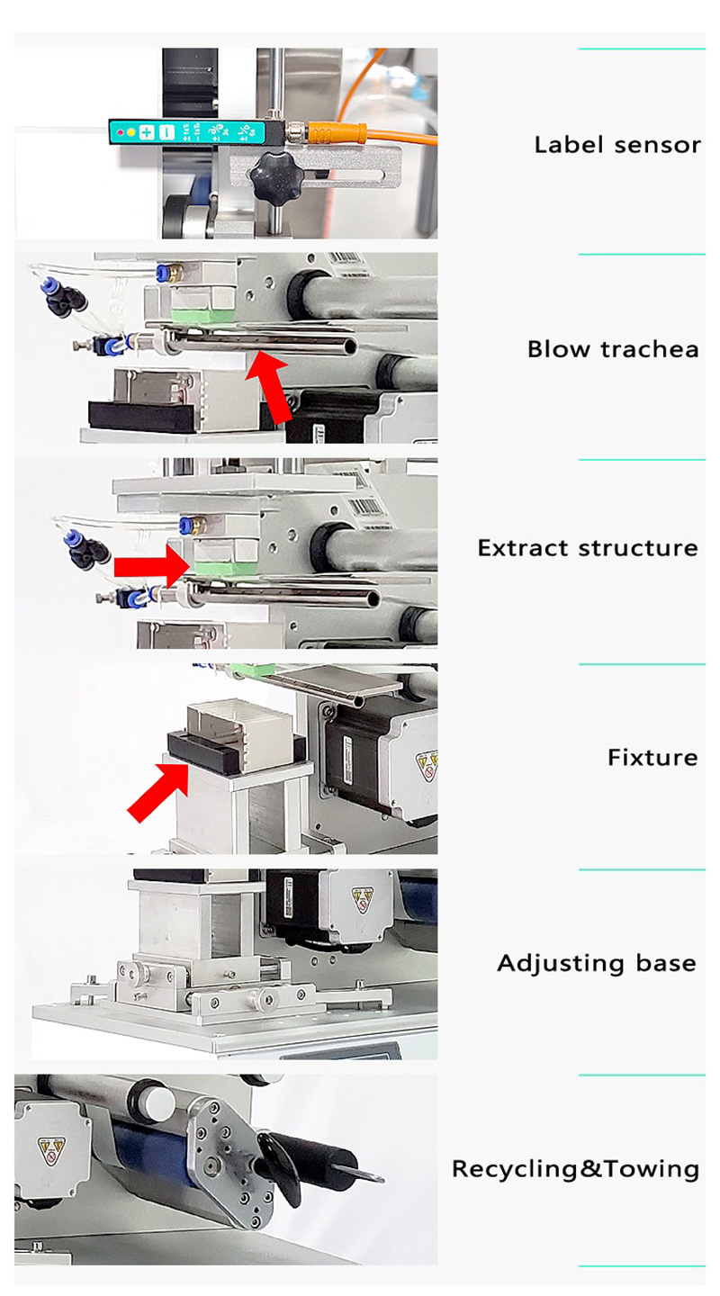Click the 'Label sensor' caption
pos(617,145)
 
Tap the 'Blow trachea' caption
pos(613,349)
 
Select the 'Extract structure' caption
pos(588,548)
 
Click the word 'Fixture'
pos(652,757)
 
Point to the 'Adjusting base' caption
pos(597,963)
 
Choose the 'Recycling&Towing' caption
pos(575,1169)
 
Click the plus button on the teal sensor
pos(146,132)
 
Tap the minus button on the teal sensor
pos(166,132)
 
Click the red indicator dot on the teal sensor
pos(120,132)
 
